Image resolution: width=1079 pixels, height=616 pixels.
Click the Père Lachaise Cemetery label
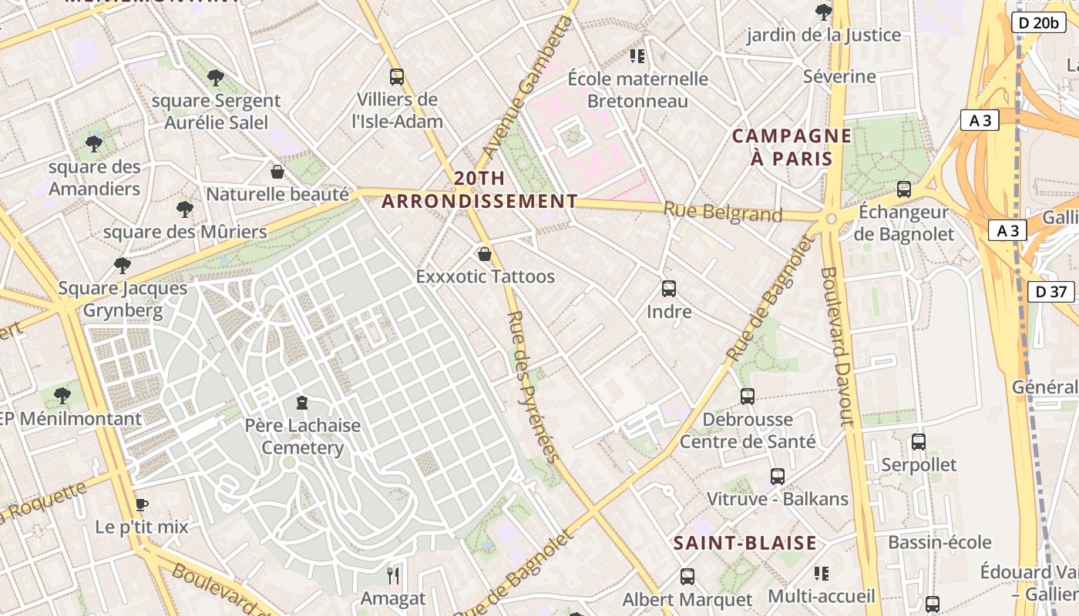tap(303, 436)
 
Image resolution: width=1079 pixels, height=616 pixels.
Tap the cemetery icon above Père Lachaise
tap(302, 403)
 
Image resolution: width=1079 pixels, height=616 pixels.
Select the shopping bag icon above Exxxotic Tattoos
tap(485, 254)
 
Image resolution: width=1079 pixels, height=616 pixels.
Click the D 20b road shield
tap(1038, 22)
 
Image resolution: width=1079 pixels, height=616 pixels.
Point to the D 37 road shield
tap(1051, 292)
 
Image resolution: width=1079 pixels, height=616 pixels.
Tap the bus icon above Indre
tap(669, 289)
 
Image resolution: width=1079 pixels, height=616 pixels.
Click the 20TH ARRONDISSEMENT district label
tap(479, 189)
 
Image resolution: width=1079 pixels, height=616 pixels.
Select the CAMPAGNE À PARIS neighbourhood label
tap(792, 147)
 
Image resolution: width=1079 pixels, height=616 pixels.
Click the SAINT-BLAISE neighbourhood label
tap(745, 543)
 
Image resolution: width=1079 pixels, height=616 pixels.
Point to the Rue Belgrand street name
tap(723, 212)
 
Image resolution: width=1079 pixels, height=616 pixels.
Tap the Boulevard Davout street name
tap(838, 346)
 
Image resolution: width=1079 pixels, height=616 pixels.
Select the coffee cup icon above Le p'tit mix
tap(141, 505)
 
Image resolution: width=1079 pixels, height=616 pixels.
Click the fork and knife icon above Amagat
tap(393, 575)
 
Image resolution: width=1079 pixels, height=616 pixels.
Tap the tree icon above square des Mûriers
tap(184, 209)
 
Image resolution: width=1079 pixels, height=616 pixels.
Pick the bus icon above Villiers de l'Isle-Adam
tap(397, 77)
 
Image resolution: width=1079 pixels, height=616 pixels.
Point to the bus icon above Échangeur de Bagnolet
tap(904, 189)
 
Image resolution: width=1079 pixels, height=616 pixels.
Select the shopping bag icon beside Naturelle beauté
tap(277, 172)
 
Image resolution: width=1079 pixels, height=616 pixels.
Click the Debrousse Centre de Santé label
tap(748, 430)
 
